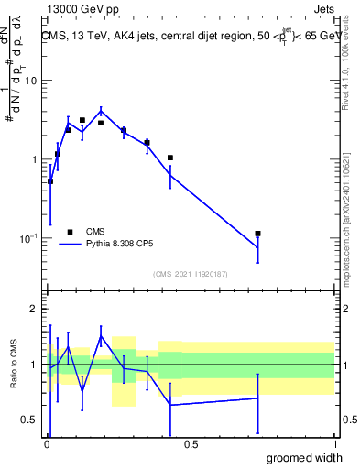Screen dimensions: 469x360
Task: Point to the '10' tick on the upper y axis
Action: (x=29, y=81)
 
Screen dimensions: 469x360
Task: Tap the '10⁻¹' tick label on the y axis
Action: (x=27, y=239)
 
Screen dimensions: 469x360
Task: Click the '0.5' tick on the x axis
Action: (x=191, y=444)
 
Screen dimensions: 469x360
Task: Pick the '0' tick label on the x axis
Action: (x=47, y=444)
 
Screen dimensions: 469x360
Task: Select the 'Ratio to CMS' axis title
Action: (x=14, y=365)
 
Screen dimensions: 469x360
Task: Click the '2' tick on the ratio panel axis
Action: (x=34, y=309)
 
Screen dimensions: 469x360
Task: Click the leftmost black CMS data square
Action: (x=50, y=181)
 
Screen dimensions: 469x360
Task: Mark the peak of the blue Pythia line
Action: (x=101, y=111)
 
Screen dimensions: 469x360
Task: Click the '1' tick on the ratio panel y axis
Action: (x=34, y=365)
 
